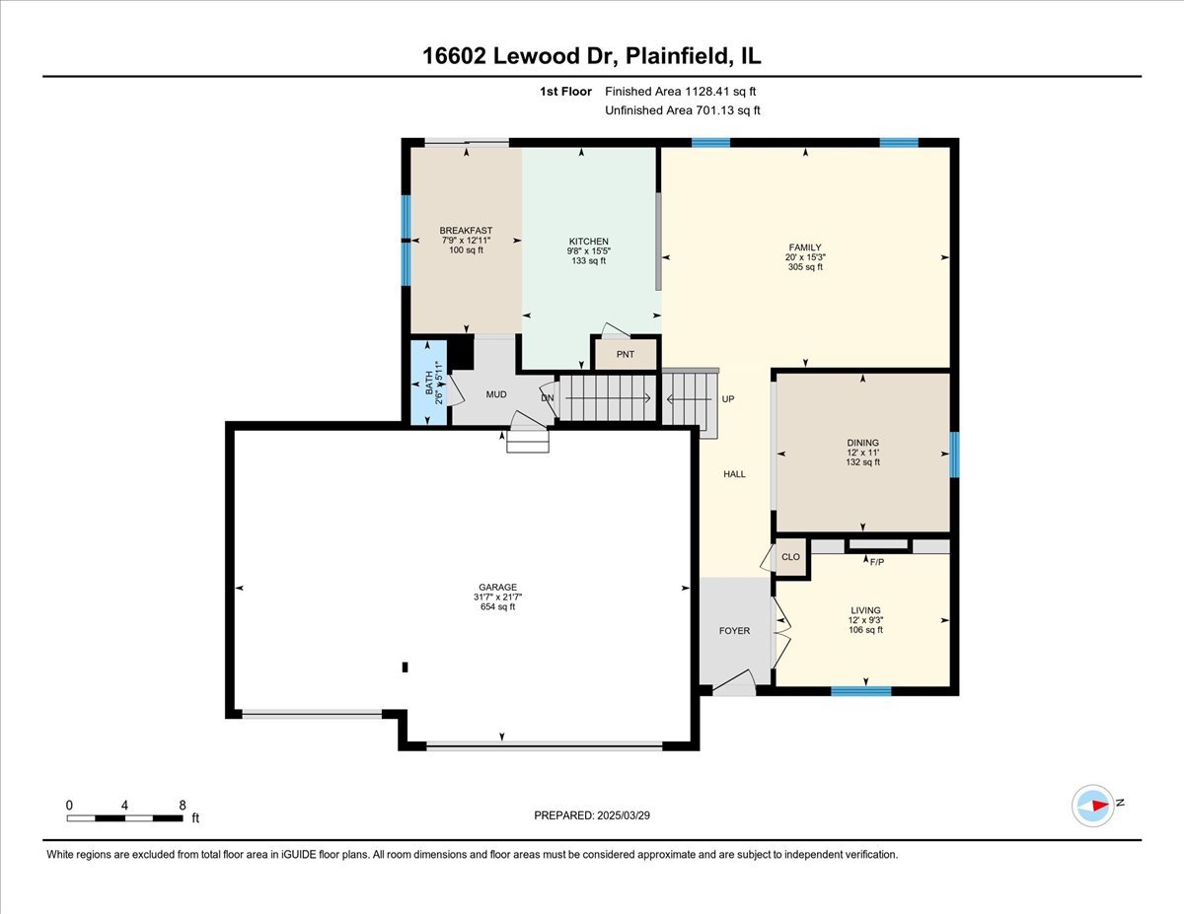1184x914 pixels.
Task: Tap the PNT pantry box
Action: pos(625,353)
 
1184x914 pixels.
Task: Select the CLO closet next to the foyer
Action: pos(790,557)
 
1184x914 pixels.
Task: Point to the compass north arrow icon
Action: pos(1094,805)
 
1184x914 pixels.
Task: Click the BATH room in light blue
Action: pos(428,383)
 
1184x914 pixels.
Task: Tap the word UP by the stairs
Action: pos(728,399)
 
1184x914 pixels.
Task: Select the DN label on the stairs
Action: pos(548,397)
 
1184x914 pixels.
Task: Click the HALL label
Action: pos(734,474)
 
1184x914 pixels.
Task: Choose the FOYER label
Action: pos(734,631)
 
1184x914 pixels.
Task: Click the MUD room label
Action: pos(496,394)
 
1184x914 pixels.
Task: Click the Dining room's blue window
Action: pos(954,455)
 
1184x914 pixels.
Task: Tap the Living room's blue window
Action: pos(860,691)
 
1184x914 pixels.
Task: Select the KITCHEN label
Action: pos(589,242)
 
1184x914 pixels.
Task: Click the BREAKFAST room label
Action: pos(466,231)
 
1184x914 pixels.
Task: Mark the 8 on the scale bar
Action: pos(183,805)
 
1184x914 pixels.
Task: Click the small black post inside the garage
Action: pos(405,667)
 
